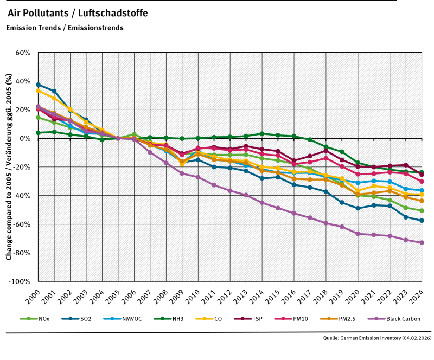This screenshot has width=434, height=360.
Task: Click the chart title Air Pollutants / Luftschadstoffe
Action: [78, 12]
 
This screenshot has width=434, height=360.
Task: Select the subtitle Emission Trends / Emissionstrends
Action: [65, 28]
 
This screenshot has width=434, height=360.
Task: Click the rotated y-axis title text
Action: [9, 167]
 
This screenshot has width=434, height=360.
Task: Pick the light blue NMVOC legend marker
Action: [110, 319]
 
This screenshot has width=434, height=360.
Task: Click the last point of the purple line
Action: [422, 242]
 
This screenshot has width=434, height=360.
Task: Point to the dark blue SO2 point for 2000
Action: [38, 85]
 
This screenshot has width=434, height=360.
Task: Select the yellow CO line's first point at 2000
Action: [38, 91]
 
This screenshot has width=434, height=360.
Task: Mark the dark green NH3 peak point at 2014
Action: [261, 133]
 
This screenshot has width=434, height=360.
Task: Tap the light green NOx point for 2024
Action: [422, 210]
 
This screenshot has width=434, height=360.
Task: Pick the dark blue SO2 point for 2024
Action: [422, 221]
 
